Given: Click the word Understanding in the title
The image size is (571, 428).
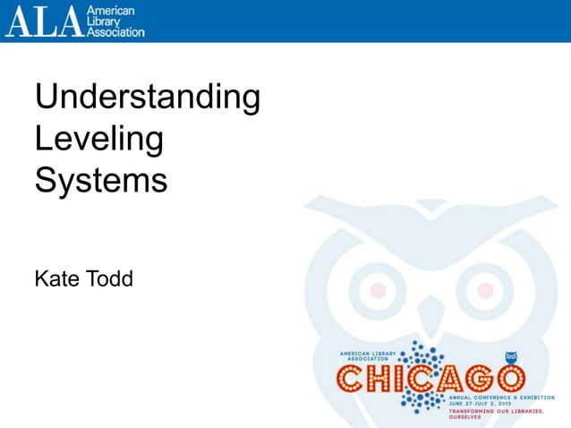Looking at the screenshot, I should (148, 98).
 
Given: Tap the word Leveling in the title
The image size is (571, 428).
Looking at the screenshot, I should (99, 140).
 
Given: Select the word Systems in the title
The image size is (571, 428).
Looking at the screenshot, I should (101, 180).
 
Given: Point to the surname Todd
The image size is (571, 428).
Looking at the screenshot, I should (109, 279).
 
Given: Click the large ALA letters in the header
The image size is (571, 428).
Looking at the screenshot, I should (43, 21).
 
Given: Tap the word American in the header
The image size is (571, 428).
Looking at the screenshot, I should (110, 9).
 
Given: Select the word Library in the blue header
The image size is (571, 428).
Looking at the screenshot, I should (104, 21).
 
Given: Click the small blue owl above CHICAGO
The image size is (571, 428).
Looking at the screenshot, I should (512, 356).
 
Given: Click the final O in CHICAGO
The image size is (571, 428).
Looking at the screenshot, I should (507, 380).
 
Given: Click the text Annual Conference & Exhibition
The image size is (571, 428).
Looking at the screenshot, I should (495, 398).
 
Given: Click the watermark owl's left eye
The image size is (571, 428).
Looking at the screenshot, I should (378, 290).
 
